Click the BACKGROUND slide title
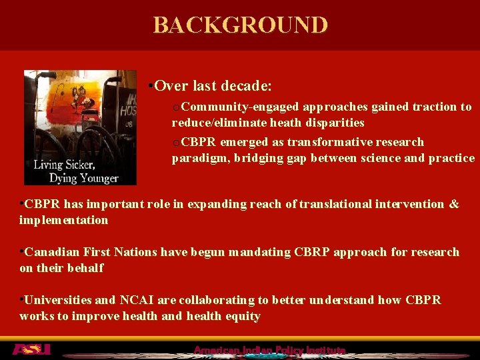coord(240,25)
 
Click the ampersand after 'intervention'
coord(453,204)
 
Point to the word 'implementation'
coord(64,220)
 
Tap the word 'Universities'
coord(61,300)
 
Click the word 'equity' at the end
coord(242,316)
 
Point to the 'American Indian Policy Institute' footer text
coord(269,350)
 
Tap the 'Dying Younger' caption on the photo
coord(83,177)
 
